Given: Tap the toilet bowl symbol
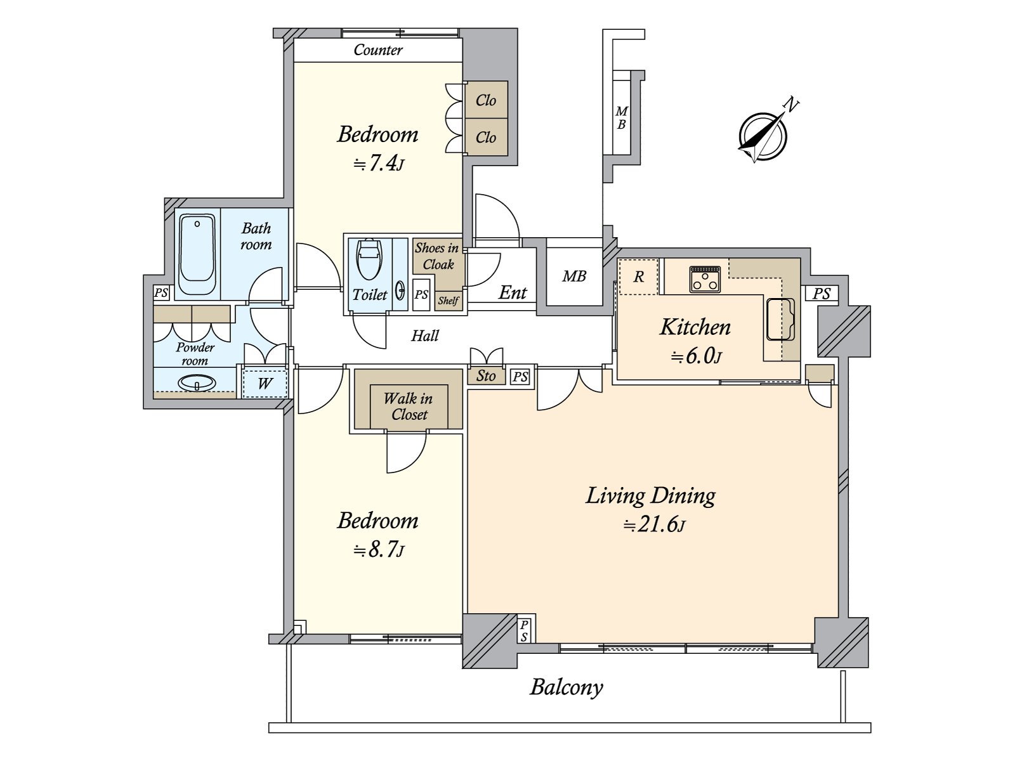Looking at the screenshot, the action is (x=369, y=259).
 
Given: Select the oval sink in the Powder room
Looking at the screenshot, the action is (x=197, y=383).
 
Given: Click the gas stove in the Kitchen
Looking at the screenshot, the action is (x=705, y=279).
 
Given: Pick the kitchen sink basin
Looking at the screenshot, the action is (x=780, y=320).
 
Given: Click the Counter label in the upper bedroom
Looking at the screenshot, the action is (x=378, y=50).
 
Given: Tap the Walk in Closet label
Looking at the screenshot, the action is (x=409, y=406).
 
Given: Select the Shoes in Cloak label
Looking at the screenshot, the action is (x=438, y=256).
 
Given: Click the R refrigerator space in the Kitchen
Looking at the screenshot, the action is (x=639, y=276).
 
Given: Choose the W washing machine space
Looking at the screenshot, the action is (x=264, y=383).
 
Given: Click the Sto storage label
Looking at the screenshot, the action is (x=485, y=375).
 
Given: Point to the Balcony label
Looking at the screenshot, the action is (x=566, y=687).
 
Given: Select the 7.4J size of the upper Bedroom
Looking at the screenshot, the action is (x=378, y=164).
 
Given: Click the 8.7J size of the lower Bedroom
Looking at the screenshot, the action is (x=378, y=550).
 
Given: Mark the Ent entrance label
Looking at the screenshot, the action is (x=513, y=292).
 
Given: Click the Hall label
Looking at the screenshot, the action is (x=425, y=335).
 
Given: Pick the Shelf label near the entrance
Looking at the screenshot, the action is (x=448, y=301).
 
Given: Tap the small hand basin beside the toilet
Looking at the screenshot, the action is (x=400, y=291).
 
